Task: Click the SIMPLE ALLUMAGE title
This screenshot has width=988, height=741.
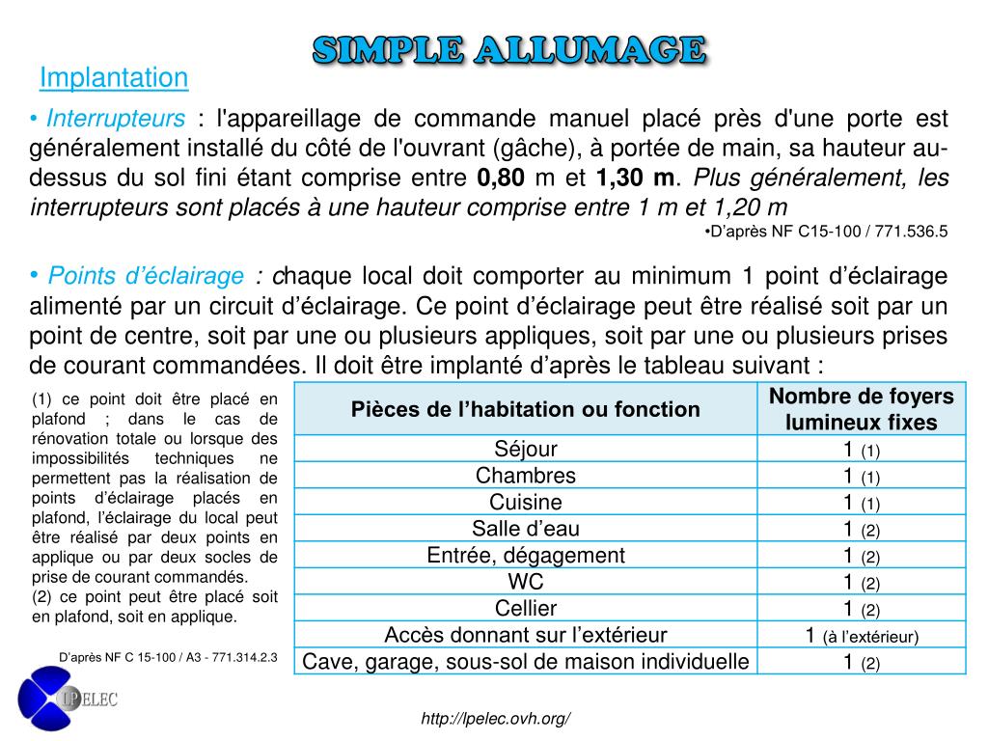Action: pos(510,50)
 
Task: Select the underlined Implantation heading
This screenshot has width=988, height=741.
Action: pos(114,77)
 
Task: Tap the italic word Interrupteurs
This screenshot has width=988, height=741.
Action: pos(116,119)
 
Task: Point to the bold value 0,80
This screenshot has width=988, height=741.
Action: pos(501,178)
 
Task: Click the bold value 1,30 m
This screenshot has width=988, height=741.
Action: pos(635,178)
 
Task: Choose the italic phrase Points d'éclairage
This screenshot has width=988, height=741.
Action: pos(146,277)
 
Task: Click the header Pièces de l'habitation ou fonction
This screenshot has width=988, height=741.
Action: pos(526,409)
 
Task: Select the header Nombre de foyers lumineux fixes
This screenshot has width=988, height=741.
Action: pos(861,409)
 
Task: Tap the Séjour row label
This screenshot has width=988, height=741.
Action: pos(526,449)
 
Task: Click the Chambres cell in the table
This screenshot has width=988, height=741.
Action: pos(526,476)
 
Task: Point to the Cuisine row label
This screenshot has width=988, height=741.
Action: pos(526,502)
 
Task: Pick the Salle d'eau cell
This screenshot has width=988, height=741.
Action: pos(526,529)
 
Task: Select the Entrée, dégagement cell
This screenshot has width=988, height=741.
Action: pos(526,556)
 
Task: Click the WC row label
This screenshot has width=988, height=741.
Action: pos(526,582)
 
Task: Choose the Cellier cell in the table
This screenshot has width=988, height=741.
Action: pos(526,609)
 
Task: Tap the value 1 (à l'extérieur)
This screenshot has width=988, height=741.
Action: pos(861,635)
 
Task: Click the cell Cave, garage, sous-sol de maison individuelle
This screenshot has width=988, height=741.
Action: pos(526,662)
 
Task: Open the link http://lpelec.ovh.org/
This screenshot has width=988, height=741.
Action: pos(497,719)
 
